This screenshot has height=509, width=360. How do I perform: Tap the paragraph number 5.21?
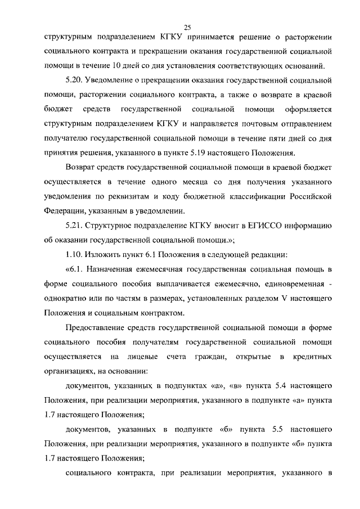tap(74, 226)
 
